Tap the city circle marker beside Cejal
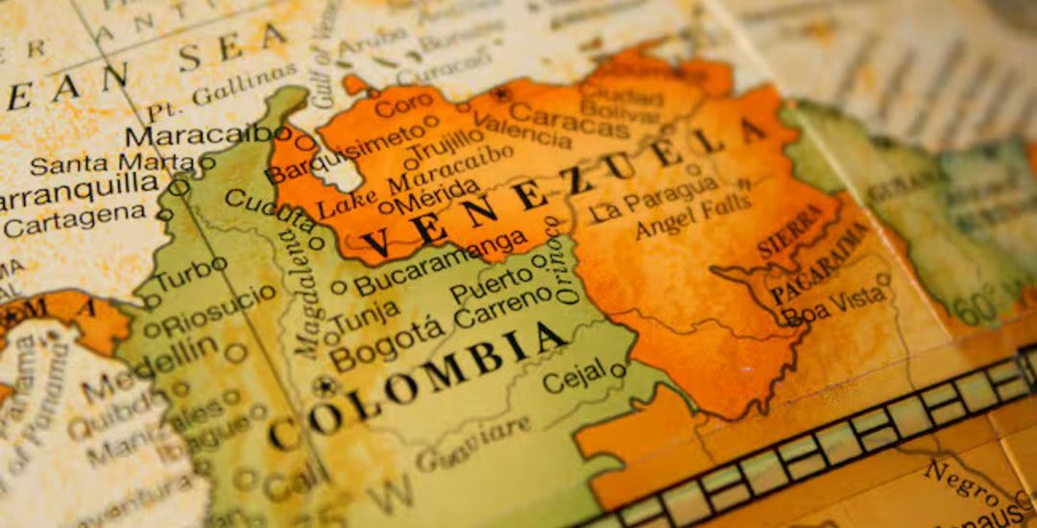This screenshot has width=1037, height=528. click(x=617, y=370)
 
